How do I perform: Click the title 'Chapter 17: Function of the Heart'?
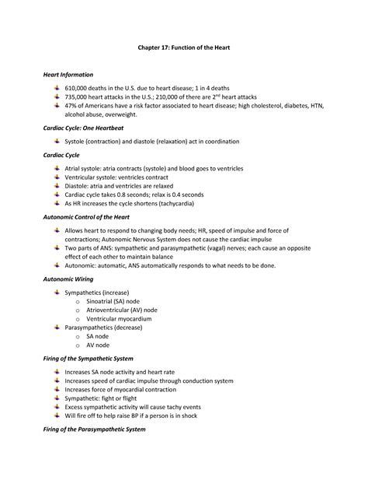coord(184,48)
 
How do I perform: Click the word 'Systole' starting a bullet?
coord(78,142)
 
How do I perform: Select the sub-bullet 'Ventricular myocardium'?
coord(119,319)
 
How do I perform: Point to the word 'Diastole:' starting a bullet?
coord(80,185)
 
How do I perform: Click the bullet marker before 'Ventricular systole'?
coord(57,177)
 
